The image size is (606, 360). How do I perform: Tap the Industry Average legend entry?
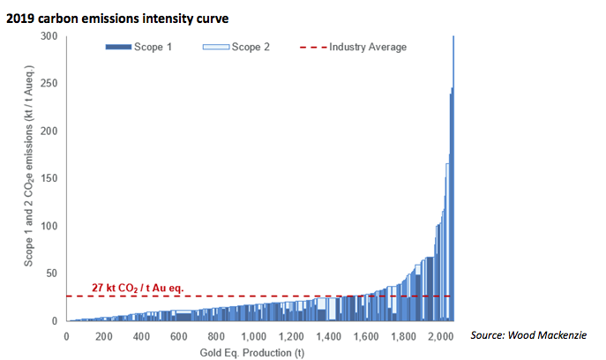click(367, 47)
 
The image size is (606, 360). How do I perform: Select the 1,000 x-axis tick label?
click(253, 336)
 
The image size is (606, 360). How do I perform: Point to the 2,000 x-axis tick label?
click(440, 336)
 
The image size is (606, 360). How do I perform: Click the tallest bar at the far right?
click(453, 176)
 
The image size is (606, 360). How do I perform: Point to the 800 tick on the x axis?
click(216, 336)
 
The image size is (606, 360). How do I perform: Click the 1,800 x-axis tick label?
click(403, 336)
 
